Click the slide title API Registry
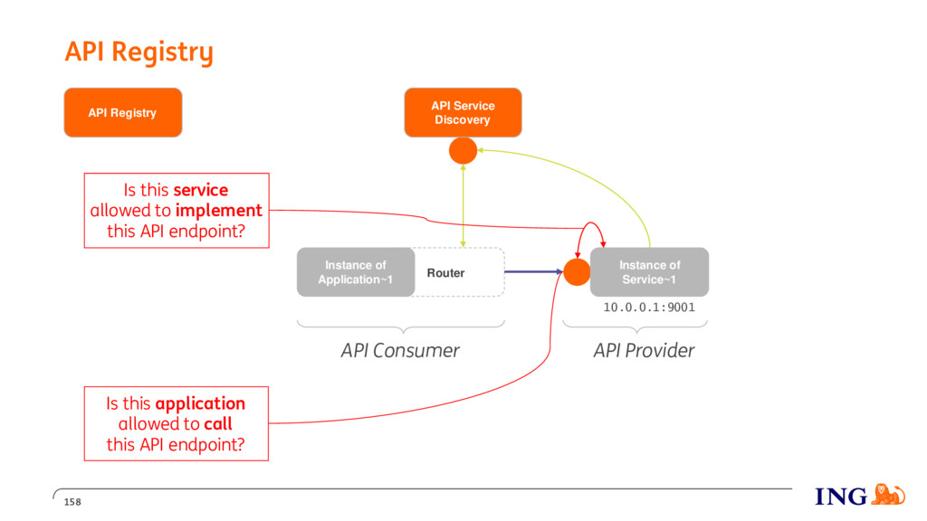tap(139, 52)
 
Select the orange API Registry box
tap(123, 113)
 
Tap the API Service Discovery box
tap(463, 113)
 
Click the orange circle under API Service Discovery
tap(463, 151)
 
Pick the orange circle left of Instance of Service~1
tap(577, 272)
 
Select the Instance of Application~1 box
tap(355, 272)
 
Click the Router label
tap(445, 273)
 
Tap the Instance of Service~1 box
tap(649, 272)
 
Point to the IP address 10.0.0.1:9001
tap(649, 308)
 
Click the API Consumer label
tap(400, 350)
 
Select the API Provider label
tap(644, 350)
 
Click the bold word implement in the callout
tap(219, 211)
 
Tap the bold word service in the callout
tap(201, 190)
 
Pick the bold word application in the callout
tap(200, 404)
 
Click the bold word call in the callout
tap(218, 423)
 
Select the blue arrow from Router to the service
tap(533, 271)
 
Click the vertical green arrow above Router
tap(463, 205)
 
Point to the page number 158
tap(72, 502)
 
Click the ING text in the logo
tap(841, 497)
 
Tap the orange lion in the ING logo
tap(888, 494)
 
